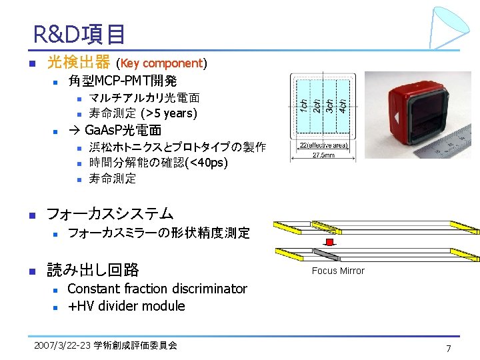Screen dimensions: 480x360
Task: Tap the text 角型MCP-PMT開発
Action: (x=122, y=81)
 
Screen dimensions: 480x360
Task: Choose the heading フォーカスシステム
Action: (x=109, y=213)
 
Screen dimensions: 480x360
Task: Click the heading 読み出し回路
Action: (x=93, y=269)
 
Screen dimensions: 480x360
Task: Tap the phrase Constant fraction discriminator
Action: (x=157, y=289)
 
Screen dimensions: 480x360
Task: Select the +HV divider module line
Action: (x=126, y=306)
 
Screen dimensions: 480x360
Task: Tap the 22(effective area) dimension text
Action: (x=323, y=145)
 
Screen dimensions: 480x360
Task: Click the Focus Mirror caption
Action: (x=338, y=271)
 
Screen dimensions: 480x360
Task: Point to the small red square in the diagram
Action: (x=329, y=241)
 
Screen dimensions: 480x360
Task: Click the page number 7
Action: (x=449, y=349)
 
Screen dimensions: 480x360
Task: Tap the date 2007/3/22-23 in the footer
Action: (x=61, y=345)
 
